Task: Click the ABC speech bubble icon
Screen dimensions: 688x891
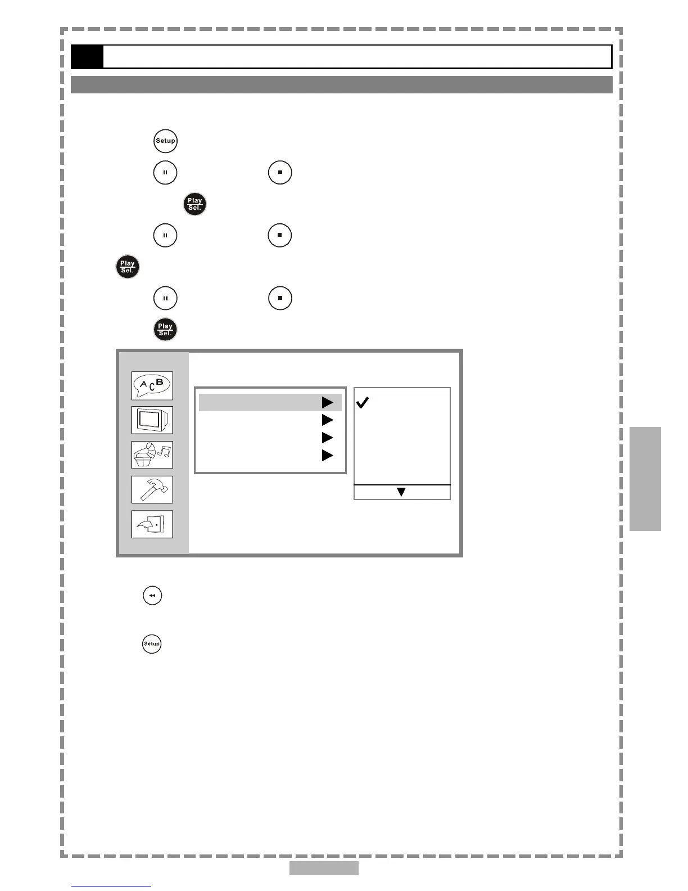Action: click(152, 385)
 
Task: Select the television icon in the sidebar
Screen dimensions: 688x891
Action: click(152, 420)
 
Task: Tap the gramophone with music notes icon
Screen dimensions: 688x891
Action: click(152, 454)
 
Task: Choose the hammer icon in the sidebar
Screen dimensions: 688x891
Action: click(152, 489)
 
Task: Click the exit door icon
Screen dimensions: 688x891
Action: click(152, 524)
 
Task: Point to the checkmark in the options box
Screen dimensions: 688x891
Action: click(363, 403)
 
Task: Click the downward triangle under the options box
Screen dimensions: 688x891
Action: click(401, 492)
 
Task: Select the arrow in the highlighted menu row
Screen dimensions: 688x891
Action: click(328, 403)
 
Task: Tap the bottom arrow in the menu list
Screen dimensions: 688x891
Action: click(328, 456)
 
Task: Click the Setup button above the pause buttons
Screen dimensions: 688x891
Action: click(165, 141)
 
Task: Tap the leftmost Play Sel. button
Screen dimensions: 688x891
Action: click(128, 267)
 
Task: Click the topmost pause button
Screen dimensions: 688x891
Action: click(165, 172)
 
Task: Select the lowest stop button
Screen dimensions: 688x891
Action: click(280, 298)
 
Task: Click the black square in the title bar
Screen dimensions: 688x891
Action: click(87, 57)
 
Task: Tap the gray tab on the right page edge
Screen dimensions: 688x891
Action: click(645, 479)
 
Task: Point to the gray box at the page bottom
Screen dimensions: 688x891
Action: click(324, 868)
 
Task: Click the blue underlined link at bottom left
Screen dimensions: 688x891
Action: click(111, 886)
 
